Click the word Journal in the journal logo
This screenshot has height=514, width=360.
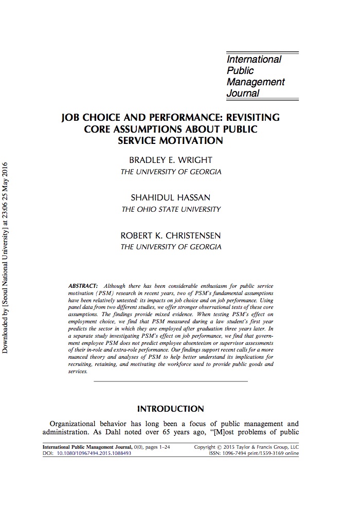[x=243, y=93]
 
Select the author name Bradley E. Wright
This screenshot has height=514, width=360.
[x=170, y=160]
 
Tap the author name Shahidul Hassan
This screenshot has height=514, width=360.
[x=170, y=197]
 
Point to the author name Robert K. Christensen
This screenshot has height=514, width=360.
[x=170, y=235]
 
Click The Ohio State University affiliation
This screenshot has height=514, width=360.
[x=170, y=209]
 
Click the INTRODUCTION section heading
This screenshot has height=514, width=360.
[x=170, y=409]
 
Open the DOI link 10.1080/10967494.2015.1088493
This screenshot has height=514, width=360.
[x=94, y=454]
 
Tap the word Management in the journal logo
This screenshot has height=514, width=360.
[x=256, y=82]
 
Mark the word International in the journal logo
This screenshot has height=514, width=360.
[x=254, y=59]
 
